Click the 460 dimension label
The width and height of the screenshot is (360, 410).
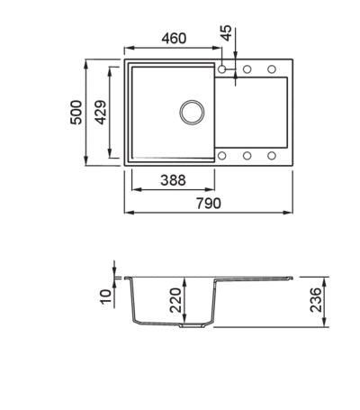coord(174,39)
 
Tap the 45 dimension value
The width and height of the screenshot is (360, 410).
coord(227,32)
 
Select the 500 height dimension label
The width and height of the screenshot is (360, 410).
coord(76,113)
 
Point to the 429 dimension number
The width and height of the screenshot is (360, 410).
coord(100,113)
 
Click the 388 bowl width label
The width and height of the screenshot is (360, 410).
coord(173,180)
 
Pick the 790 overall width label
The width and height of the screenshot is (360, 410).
coord(209,204)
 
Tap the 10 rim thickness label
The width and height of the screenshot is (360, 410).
coord(106,296)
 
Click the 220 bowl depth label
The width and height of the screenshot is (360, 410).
coord(175,300)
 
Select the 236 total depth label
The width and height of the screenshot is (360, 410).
coord(316,300)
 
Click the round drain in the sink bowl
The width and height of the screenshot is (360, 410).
coord(192,112)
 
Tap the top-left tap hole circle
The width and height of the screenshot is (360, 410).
coord(222,69)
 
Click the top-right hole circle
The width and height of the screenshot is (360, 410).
coord(272,69)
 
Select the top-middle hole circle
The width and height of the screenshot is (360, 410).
coord(247,69)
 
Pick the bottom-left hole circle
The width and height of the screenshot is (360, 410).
coord(222,156)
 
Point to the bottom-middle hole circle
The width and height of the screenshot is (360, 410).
coord(247,156)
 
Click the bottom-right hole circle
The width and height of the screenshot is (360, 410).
coord(272,156)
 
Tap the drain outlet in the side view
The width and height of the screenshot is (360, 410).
coord(193,325)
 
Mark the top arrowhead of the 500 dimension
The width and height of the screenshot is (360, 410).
coord(86,64)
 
